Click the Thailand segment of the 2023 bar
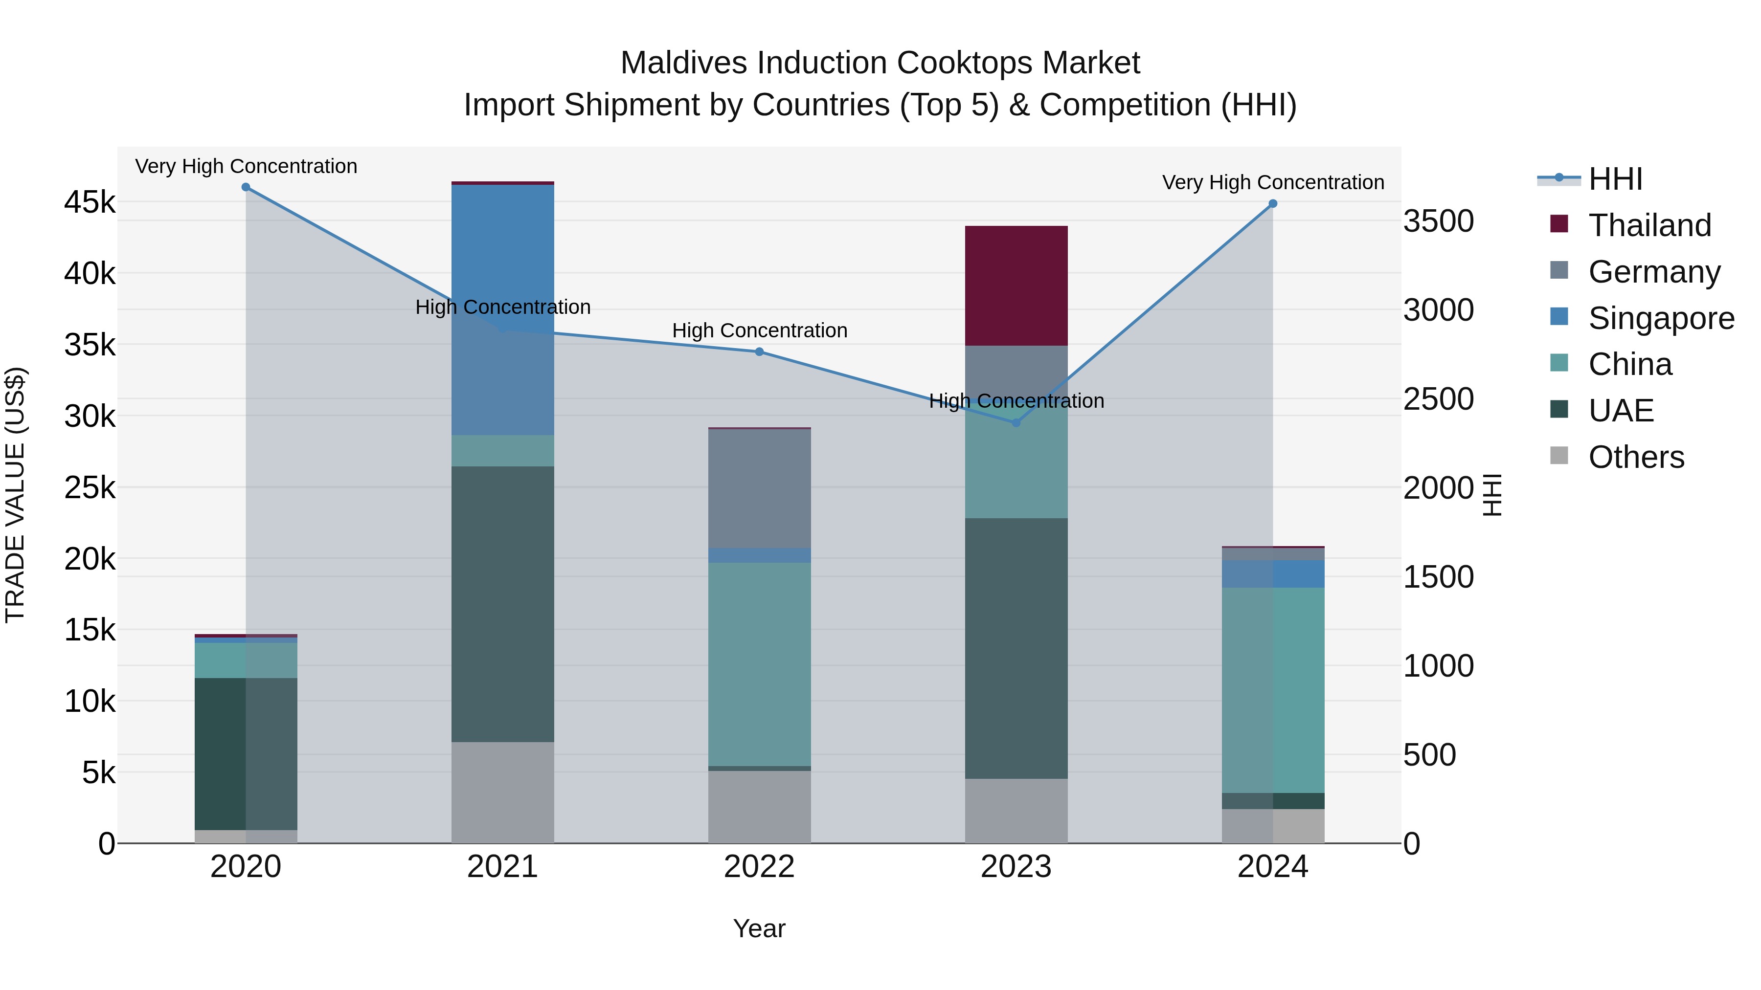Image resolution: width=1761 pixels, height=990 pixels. point(1016,286)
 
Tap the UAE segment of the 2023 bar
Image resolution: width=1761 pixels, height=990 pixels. point(1016,648)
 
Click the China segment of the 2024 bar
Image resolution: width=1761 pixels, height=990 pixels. point(1272,690)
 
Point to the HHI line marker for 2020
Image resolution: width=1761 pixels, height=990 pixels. point(246,187)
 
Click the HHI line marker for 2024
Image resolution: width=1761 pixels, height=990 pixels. point(1272,203)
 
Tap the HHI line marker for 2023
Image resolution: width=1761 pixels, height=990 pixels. point(1016,423)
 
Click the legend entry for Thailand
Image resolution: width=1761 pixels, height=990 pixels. point(1649,225)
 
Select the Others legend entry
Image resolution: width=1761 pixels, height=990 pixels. point(1635,457)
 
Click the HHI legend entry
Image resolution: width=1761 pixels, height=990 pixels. point(1615,179)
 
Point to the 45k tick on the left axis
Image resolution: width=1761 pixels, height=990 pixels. point(90,202)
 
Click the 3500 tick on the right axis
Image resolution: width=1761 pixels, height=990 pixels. point(1438,221)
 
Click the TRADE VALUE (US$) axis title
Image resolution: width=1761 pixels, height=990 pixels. point(15,495)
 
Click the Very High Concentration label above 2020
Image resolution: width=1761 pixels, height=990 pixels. point(246,166)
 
